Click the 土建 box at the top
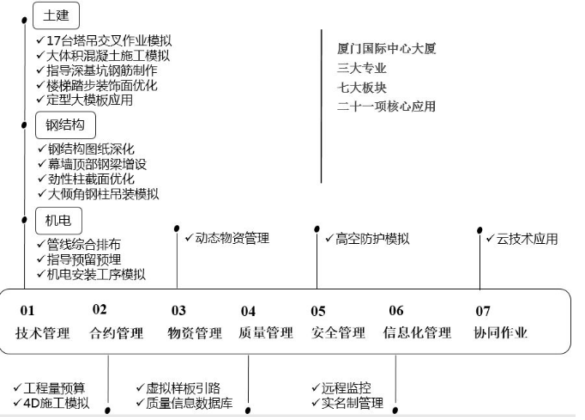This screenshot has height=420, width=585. click(57, 15)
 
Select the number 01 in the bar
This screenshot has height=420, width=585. click(27, 311)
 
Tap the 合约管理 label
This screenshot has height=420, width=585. click(117, 333)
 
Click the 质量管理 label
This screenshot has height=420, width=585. click(266, 333)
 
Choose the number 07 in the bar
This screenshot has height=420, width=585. click(483, 311)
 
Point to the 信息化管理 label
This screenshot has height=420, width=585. click(417, 333)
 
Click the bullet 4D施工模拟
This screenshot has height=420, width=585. click(56, 403)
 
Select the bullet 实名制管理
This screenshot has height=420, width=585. click(352, 403)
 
